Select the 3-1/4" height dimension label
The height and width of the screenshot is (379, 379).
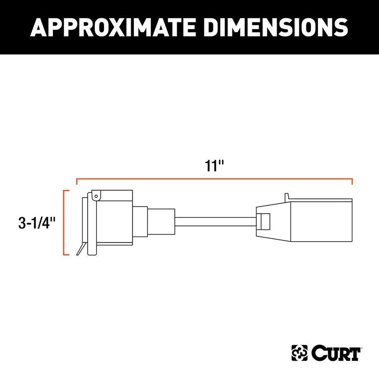pyautogui.click(x=36, y=222)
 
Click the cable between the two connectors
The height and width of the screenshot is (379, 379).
pyautogui.click(x=216, y=222)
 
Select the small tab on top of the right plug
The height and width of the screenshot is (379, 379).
pyautogui.click(x=288, y=197)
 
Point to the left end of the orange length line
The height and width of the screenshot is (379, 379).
pyautogui.click(x=77, y=180)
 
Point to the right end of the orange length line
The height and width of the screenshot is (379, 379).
pyautogui.click(x=352, y=180)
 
